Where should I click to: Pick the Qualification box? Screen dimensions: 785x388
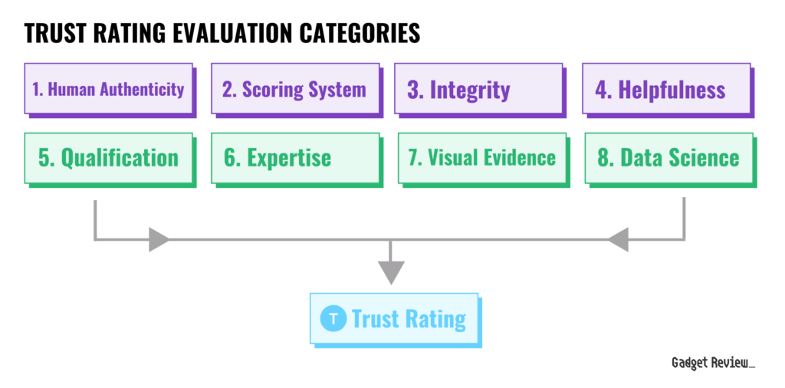[109, 159]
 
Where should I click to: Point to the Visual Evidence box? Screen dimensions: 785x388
[483, 159]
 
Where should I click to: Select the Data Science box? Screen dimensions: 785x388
[669, 159]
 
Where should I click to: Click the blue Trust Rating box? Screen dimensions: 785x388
[395, 320]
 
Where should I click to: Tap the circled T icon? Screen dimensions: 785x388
[333, 318]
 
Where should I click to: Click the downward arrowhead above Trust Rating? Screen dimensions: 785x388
[390, 273]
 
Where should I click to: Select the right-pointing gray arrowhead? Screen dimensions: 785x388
[159, 239]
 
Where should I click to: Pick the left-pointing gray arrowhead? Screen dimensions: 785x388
[618, 239]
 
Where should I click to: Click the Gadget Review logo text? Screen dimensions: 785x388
[713, 363]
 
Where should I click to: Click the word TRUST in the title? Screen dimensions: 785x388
[55, 33]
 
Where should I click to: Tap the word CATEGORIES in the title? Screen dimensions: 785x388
[357, 33]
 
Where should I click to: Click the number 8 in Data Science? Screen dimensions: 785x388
[603, 158]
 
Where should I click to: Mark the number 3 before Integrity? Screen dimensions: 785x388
[413, 90]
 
